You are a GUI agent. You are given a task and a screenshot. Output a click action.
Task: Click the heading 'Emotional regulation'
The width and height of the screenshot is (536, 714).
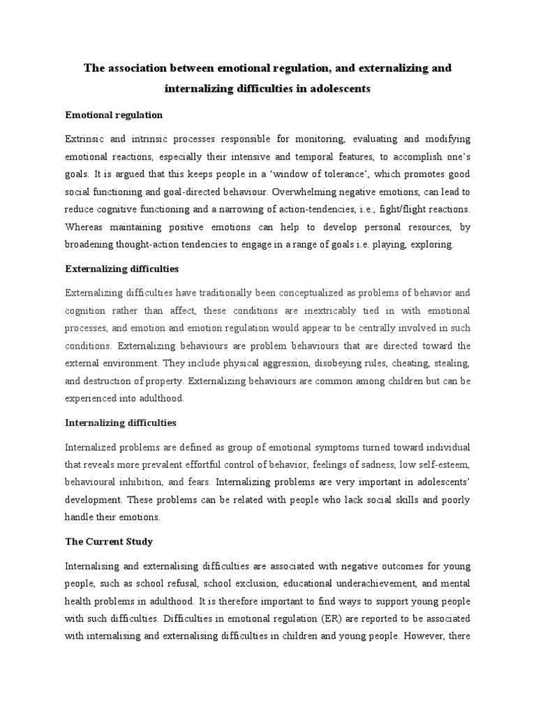click(114, 114)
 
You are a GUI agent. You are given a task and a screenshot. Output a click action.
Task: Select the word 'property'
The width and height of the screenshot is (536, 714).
click(167, 381)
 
